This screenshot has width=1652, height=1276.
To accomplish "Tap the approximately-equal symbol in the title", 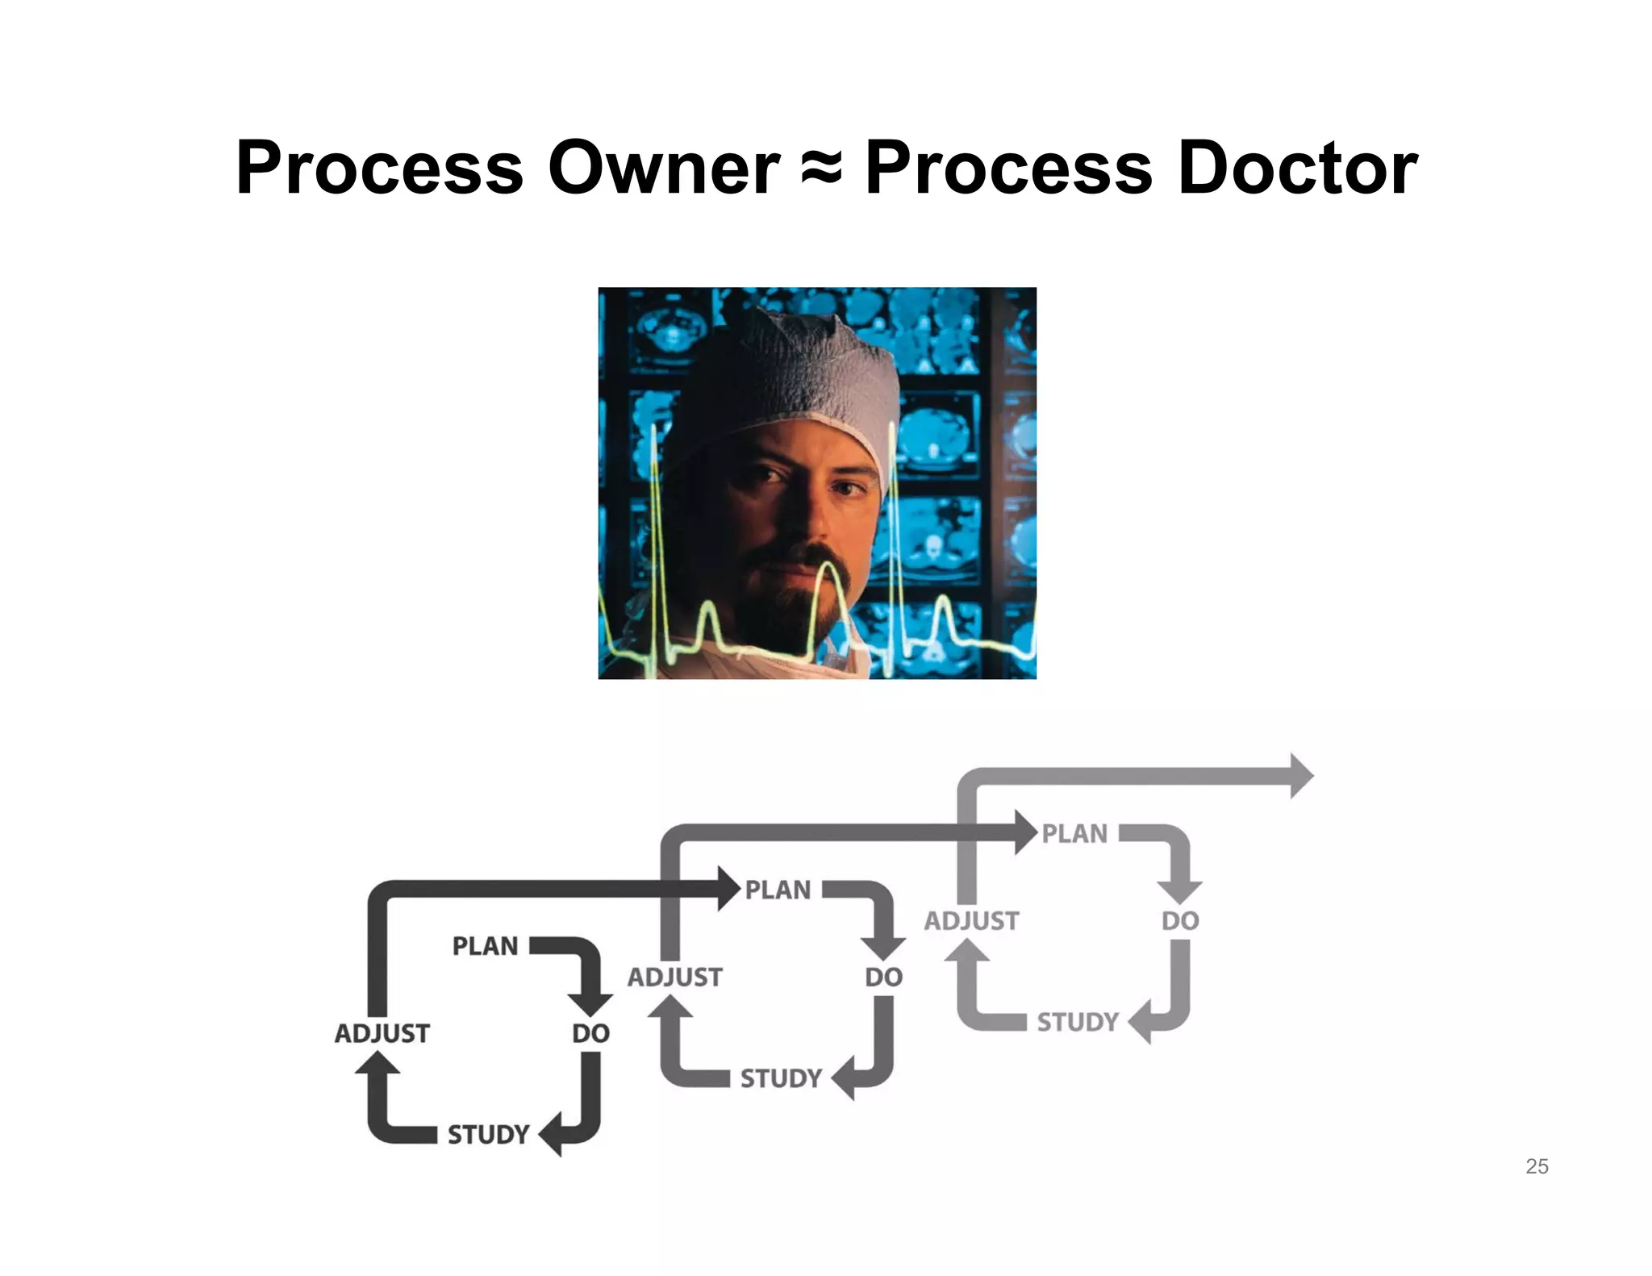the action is click(x=822, y=169).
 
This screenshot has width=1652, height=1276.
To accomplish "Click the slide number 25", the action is click(x=1536, y=1166).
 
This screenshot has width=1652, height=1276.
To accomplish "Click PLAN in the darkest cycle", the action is click(x=485, y=946).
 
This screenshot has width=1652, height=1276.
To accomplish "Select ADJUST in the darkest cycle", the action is click(x=382, y=1033).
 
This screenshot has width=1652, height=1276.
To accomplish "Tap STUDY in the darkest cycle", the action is click(x=488, y=1135).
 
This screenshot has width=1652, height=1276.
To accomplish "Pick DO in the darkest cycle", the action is click(x=590, y=1033).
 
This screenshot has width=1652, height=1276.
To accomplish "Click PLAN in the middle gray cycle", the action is click(x=778, y=890).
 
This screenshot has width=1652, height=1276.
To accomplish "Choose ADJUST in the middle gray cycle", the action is click(x=675, y=978).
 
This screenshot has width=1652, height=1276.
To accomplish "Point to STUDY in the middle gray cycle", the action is click(x=781, y=1078).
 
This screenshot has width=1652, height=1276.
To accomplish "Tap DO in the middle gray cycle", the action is click(x=883, y=978).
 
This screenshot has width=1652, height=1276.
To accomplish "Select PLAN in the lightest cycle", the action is click(x=1074, y=833).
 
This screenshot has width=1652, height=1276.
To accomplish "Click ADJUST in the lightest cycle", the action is click(x=972, y=921).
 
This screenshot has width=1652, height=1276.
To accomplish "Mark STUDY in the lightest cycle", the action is click(x=1078, y=1022).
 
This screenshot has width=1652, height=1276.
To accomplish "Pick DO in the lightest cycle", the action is click(x=1180, y=921).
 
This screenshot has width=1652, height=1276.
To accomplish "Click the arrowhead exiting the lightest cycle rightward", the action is click(x=1300, y=776).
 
